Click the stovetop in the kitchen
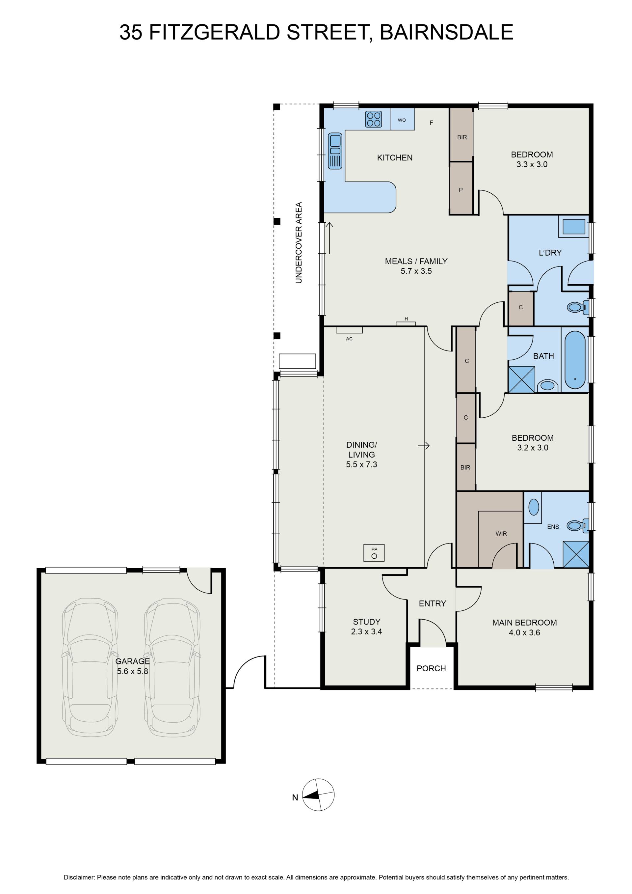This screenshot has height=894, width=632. pyautogui.click(x=373, y=119)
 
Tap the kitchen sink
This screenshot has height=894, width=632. pyautogui.click(x=335, y=151)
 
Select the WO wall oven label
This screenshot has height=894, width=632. pyautogui.click(x=402, y=120)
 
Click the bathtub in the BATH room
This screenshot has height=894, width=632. pyautogui.click(x=575, y=360)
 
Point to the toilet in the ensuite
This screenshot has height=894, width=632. pyautogui.click(x=577, y=526)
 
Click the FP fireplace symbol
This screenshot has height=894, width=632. pyautogui.click(x=374, y=552)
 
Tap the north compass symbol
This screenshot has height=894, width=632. pyautogui.click(x=318, y=795)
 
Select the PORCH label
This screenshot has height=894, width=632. pyautogui.click(x=431, y=669)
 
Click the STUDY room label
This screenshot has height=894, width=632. pyautogui.click(x=367, y=622)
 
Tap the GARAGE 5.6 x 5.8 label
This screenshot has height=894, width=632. pyautogui.click(x=132, y=666)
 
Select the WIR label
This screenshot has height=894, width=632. pyautogui.click(x=501, y=534)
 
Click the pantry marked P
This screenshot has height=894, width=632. pyautogui.click(x=461, y=188)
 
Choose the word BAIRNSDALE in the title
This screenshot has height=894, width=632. pyautogui.click(x=446, y=32)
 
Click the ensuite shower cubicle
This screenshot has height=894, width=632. pyautogui.click(x=576, y=554)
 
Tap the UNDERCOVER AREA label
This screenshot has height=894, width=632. pyautogui.click(x=299, y=242)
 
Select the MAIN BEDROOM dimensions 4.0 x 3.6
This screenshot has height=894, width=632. pyautogui.click(x=524, y=633)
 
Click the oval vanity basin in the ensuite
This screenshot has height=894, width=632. pyautogui.click(x=534, y=507)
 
